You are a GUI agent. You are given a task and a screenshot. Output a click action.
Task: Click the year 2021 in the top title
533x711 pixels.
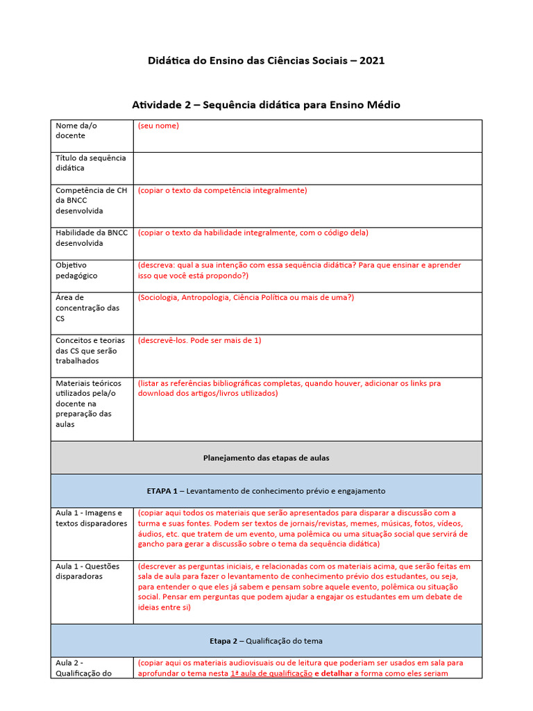[x=372, y=60]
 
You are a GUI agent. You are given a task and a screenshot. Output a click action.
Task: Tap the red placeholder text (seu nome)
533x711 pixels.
[x=158, y=126]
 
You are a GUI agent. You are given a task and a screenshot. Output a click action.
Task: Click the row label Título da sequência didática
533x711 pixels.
[x=90, y=163]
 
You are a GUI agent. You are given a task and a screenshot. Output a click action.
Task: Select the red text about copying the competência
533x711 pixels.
[x=222, y=190]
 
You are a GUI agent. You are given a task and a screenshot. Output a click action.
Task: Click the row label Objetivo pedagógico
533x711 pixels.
[x=76, y=270]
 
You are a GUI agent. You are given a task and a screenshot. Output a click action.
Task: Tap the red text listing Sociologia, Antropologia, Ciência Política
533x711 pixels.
[x=246, y=297]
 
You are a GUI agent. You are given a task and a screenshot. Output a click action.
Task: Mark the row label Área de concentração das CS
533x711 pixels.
[x=87, y=308]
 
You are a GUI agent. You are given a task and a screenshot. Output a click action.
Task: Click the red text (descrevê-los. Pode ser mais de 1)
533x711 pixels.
[x=199, y=340]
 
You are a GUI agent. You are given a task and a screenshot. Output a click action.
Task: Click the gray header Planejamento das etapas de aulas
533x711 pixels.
[x=266, y=458]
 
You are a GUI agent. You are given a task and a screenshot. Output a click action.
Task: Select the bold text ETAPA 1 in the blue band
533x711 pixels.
[x=162, y=491]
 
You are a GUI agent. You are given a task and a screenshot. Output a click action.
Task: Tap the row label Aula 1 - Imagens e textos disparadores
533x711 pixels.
[x=91, y=518]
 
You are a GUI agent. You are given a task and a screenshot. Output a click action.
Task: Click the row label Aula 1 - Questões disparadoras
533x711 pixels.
[x=87, y=571]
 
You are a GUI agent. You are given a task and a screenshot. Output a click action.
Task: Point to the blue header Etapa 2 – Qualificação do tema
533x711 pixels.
[x=266, y=641]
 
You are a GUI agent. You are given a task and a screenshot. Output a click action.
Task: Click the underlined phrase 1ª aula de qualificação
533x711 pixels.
[x=271, y=674]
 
